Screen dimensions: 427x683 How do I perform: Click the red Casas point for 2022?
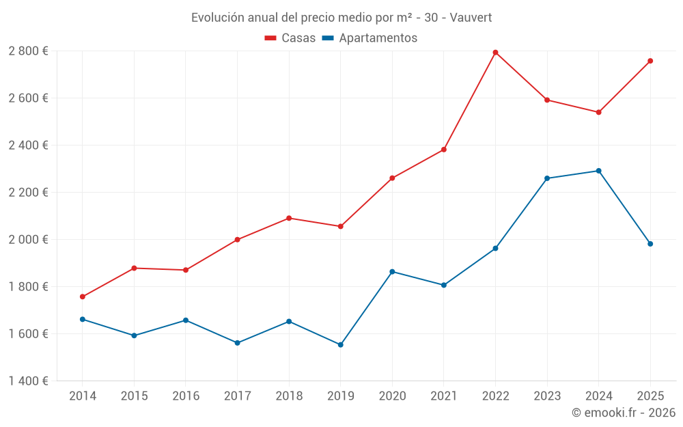(x=495, y=53)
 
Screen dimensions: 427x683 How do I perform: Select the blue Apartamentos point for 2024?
(x=598, y=171)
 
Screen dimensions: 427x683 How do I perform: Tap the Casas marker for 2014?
(x=83, y=297)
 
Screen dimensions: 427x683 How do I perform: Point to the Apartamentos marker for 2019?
(x=340, y=345)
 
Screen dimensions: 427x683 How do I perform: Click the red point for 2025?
(x=650, y=61)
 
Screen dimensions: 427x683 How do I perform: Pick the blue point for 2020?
(x=392, y=272)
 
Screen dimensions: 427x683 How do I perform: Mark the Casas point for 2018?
(x=289, y=218)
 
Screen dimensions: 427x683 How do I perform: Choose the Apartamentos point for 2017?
(x=237, y=343)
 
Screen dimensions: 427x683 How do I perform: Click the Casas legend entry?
(x=290, y=38)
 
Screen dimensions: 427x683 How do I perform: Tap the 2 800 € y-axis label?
(x=28, y=51)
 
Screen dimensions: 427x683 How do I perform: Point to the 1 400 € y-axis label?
(x=28, y=381)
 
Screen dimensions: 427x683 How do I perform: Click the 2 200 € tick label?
(x=28, y=193)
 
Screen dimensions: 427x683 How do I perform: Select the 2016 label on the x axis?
(x=186, y=396)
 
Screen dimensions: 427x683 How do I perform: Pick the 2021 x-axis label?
(x=444, y=396)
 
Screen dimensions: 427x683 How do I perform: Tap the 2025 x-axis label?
(x=650, y=396)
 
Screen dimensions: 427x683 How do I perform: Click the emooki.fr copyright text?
(x=623, y=413)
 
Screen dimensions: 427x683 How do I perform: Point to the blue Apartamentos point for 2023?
(x=547, y=178)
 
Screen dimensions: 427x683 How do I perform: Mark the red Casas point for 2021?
(x=444, y=150)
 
